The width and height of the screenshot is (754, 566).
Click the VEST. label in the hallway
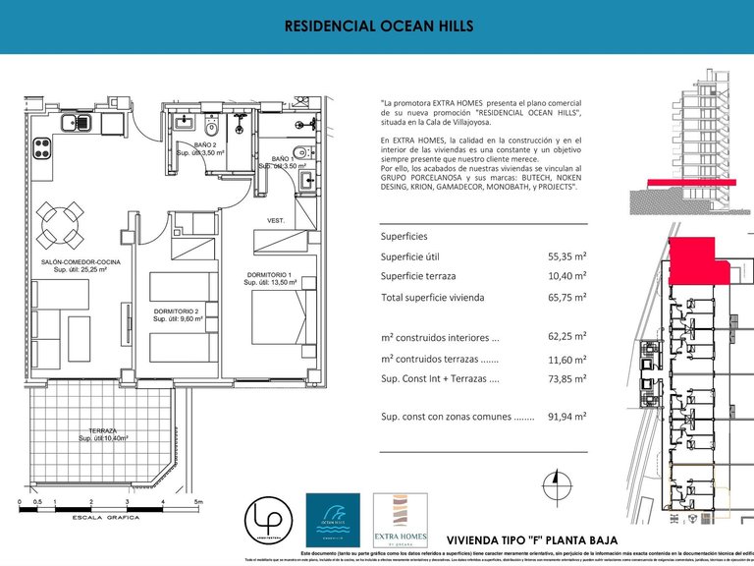(276, 221)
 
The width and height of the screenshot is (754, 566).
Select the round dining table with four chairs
(59, 225)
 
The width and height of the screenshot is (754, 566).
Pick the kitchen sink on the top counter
(77, 123)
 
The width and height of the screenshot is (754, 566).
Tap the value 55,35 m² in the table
(566, 256)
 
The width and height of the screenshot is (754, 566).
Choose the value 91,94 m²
(566, 417)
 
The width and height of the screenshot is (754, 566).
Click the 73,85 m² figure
(566, 378)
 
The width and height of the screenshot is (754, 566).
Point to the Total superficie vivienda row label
(435, 297)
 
